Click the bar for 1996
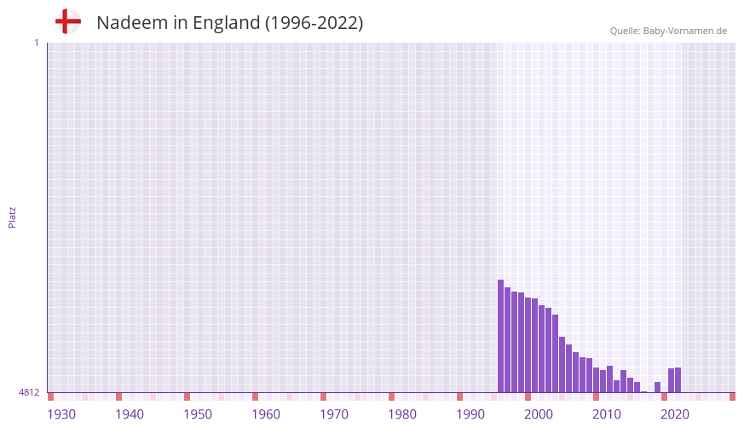pyautogui.click(x=501, y=336)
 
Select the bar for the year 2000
pyautogui.click(x=528, y=345)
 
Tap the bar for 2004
pyautogui.click(x=556, y=354)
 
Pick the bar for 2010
pyautogui.click(x=597, y=379)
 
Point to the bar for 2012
pyautogui.click(x=610, y=379)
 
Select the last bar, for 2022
pyautogui.click(x=678, y=379)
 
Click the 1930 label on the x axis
pyautogui.click(x=61, y=414)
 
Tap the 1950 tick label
pyautogui.click(x=198, y=414)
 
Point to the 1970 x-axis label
pyautogui.click(x=334, y=414)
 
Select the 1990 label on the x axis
pyautogui.click(x=470, y=414)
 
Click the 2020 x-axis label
pyautogui.click(x=675, y=414)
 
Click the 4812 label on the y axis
pyautogui.click(x=29, y=393)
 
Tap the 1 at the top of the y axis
pyautogui.click(x=36, y=43)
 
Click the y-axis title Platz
pyautogui.click(x=12, y=217)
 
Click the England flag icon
pyautogui.click(x=68, y=22)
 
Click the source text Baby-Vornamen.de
pyautogui.click(x=685, y=31)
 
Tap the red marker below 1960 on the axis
pyautogui.click(x=255, y=396)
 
